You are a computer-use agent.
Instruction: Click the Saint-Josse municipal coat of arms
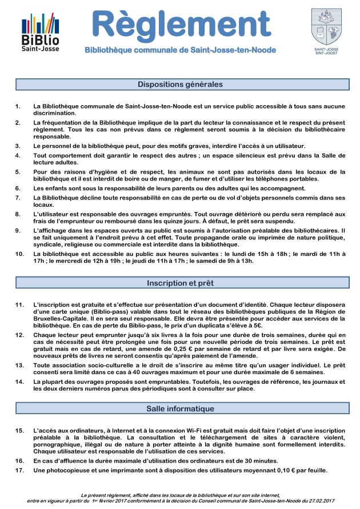(x=326, y=26)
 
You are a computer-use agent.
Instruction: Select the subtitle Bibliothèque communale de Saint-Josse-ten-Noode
(x=180, y=51)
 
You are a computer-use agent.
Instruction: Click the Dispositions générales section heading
(x=180, y=85)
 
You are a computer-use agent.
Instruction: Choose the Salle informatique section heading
(x=180, y=409)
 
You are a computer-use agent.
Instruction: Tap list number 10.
(x=19, y=253)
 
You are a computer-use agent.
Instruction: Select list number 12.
(x=19, y=333)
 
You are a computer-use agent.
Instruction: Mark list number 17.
(x=19, y=470)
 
